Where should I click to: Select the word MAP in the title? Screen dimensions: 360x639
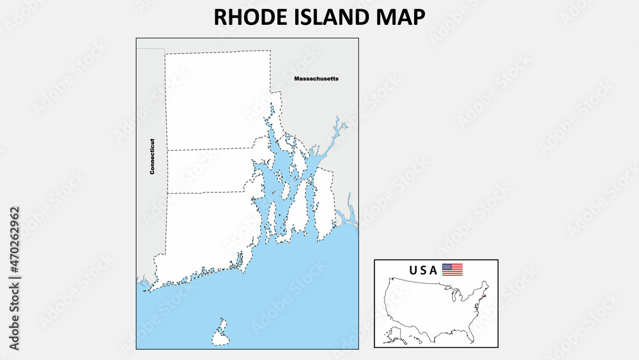[401, 17]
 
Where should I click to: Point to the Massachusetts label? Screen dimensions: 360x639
[316, 79]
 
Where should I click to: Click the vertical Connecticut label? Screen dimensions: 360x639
[152, 157]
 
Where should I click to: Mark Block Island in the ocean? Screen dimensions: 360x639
[221, 333]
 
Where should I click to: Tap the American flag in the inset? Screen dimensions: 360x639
[452, 270]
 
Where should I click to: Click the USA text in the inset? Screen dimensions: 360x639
[424, 270]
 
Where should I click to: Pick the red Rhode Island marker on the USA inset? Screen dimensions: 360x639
[483, 296]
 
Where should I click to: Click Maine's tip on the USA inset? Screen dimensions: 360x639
[487, 284]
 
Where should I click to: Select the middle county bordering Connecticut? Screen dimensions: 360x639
[208, 171]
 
